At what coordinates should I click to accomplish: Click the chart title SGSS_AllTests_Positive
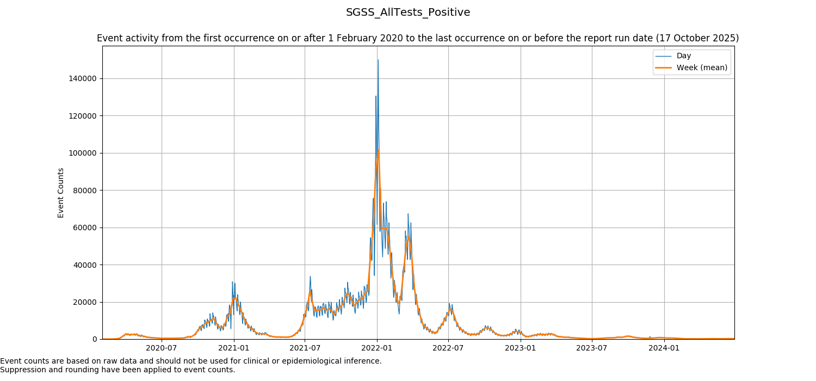pyautogui.click(x=408, y=12)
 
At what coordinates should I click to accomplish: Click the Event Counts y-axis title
pyautogui.click(x=61, y=193)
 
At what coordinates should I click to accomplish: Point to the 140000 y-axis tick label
pyautogui.click(x=81, y=78)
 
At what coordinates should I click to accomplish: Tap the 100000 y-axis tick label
pyautogui.click(x=81, y=153)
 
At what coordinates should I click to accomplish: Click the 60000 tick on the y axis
pyautogui.click(x=83, y=228)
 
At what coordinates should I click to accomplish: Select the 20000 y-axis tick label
pyautogui.click(x=83, y=302)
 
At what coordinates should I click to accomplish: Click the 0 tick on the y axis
pyautogui.click(x=95, y=340)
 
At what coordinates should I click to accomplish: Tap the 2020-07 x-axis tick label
pyautogui.click(x=162, y=348)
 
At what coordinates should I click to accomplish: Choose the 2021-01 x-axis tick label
pyautogui.click(x=234, y=348)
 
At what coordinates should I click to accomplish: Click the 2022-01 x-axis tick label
pyautogui.click(x=377, y=348)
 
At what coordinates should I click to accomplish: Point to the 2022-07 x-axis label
pyautogui.click(x=448, y=348)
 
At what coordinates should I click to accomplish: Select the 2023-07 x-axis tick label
pyautogui.click(x=592, y=348)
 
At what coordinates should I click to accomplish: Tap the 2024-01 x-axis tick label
pyautogui.click(x=664, y=348)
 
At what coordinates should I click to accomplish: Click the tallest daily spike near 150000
pyautogui.click(x=378, y=60)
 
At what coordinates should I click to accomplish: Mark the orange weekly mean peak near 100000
pyautogui.click(x=378, y=150)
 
